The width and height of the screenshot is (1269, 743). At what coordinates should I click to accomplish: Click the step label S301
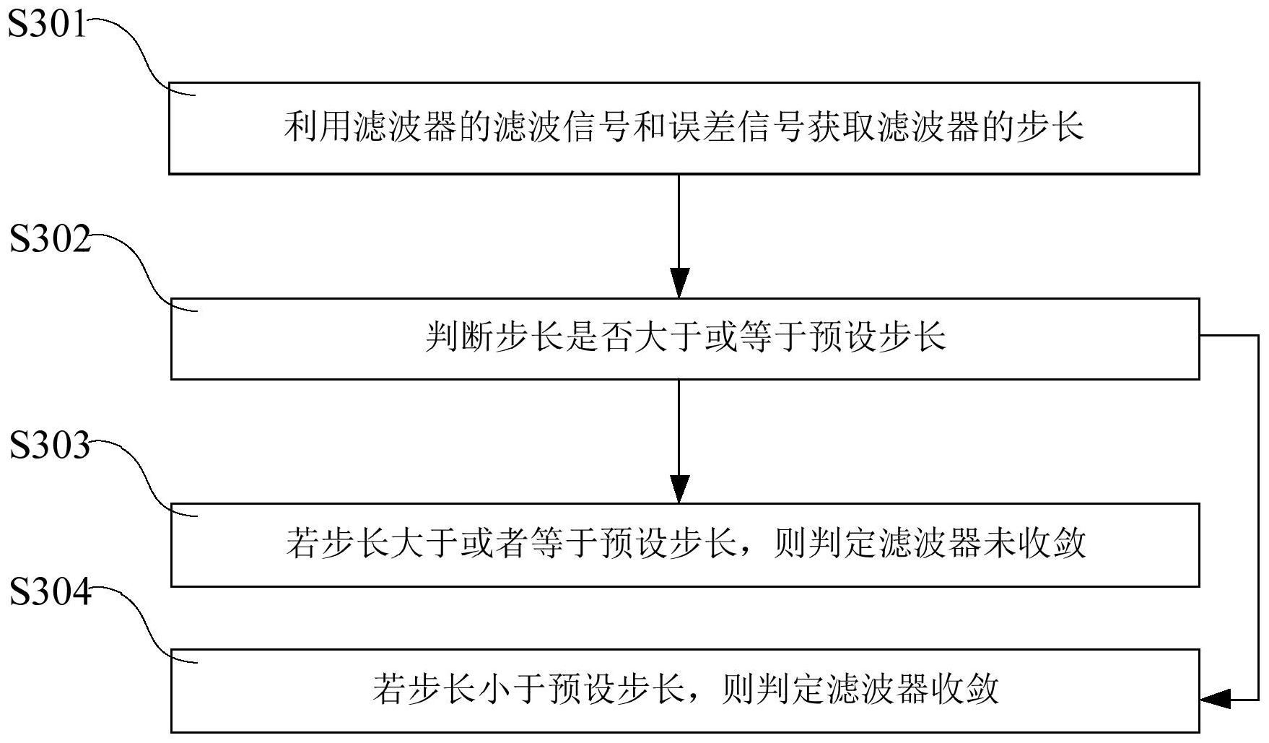[47, 25]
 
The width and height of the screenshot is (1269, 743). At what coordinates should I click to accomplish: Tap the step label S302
[50, 240]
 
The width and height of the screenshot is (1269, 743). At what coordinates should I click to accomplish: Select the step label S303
[50, 446]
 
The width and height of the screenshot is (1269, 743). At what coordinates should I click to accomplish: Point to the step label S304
[50, 593]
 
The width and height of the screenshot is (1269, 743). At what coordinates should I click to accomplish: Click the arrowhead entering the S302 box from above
[679, 282]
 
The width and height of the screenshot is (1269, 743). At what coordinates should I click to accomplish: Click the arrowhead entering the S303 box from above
[679, 488]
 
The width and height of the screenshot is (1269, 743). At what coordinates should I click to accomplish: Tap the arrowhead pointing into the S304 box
[1216, 698]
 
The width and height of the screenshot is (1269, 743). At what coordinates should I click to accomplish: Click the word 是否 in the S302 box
[600, 338]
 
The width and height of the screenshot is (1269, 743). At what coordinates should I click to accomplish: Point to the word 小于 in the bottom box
[512, 689]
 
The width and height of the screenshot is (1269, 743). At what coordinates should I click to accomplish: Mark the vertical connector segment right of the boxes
[1258, 516]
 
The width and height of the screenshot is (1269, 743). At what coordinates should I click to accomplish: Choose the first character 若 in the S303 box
[302, 543]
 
